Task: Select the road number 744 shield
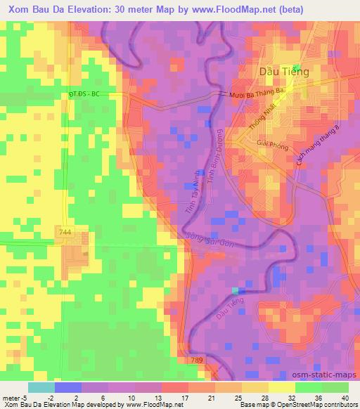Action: click(65, 230)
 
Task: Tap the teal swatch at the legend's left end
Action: click(40, 387)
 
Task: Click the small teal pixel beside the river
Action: click(235, 290)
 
